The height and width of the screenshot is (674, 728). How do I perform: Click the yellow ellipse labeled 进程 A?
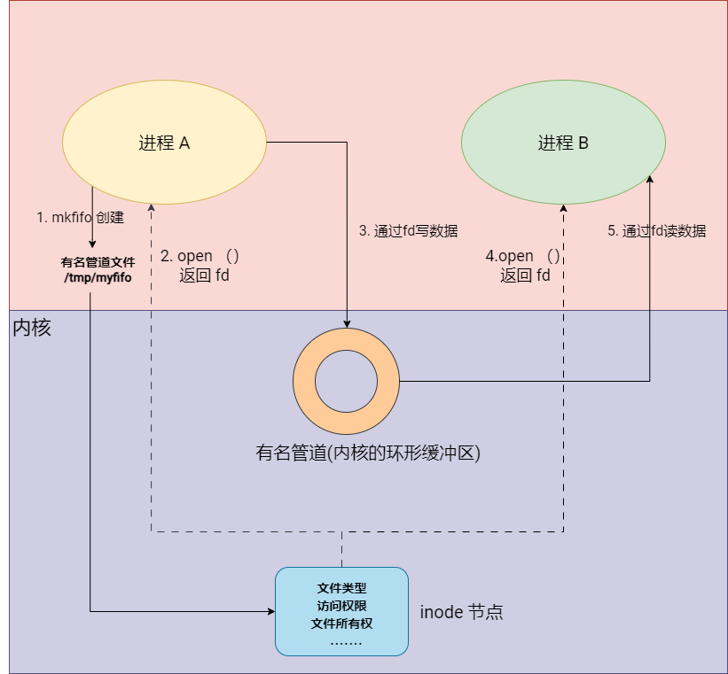[x=164, y=142]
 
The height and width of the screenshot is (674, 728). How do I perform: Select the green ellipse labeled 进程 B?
[x=563, y=142]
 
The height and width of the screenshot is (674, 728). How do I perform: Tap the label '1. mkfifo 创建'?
[x=81, y=217]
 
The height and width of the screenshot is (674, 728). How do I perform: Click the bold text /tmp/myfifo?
[x=98, y=277]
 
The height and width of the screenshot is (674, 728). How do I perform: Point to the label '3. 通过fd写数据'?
[x=409, y=230]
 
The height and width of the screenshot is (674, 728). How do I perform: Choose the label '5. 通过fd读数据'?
[x=657, y=230]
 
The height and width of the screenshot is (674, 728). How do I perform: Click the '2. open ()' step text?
[x=200, y=256]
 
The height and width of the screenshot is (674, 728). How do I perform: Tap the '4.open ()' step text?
[x=523, y=256]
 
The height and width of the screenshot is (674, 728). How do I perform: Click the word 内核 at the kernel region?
[x=32, y=328]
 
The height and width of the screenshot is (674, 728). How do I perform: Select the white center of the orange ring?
[x=347, y=382]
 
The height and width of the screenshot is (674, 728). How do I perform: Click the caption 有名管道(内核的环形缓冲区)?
[x=368, y=453]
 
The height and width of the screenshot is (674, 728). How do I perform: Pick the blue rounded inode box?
[x=341, y=611]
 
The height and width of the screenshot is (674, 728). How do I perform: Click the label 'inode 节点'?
[x=461, y=612]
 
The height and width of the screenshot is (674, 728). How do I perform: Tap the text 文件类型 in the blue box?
[x=341, y=588]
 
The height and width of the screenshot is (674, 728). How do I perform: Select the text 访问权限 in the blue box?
[x=341, y=606]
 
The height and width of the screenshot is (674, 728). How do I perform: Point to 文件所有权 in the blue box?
[x=341, y=624]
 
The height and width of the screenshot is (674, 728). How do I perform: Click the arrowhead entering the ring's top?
[x=347, y=324]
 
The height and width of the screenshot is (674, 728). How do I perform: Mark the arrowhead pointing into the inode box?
[x=271, y=611]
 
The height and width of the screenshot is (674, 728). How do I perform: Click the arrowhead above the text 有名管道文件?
[x=92, y=244]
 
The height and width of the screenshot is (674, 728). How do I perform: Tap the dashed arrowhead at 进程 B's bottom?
[x=563, y=208]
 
